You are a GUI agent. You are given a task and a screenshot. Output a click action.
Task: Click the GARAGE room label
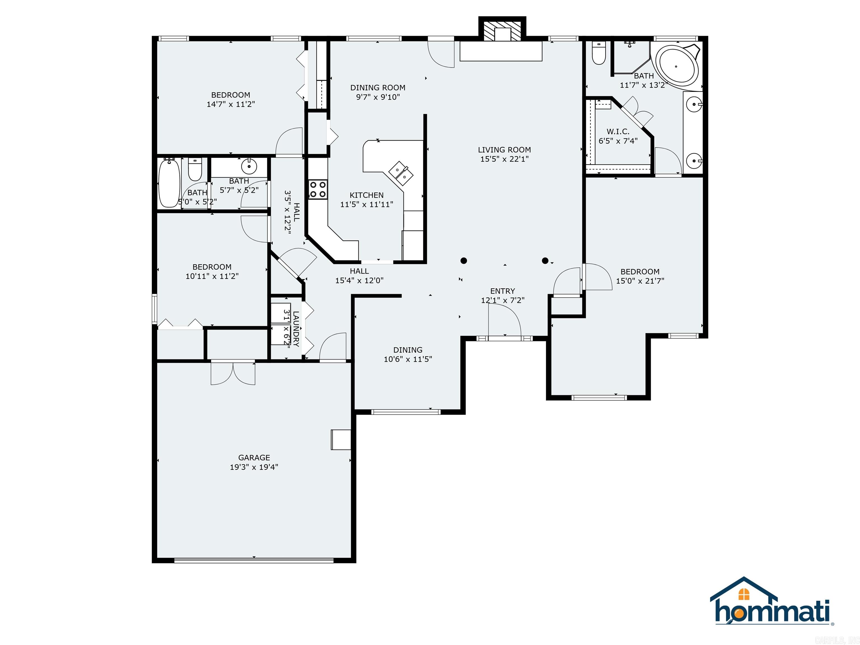[254, 458]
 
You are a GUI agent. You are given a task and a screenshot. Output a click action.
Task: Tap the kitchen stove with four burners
[318, 189]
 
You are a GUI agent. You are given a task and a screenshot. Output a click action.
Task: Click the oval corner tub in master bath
[676, 66]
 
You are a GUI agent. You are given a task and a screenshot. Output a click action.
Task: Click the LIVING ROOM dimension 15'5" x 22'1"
[504, 159]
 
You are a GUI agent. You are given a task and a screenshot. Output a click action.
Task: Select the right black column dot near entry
[545, 260]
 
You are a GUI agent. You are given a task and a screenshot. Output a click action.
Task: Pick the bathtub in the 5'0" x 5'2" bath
[169, 184]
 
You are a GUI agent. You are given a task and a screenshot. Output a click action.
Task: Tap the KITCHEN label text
[366, 195]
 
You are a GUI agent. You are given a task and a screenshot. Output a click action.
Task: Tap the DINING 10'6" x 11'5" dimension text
[407, 359]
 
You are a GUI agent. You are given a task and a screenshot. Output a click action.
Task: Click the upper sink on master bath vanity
[694, 104]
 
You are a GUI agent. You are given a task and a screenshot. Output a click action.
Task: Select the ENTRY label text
[502, 291]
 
